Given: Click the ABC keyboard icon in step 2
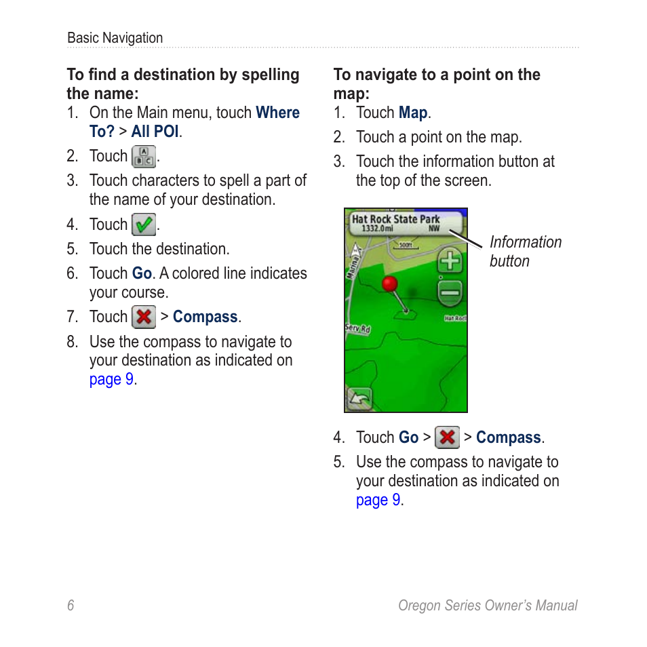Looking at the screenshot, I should (x=143, y=157).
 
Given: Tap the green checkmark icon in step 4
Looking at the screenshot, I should (x=143, y=224).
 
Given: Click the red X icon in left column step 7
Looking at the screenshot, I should (x=143, y=317).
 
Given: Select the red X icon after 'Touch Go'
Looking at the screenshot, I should (x=447, y=437).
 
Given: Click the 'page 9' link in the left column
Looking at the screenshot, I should (x=111, y=379).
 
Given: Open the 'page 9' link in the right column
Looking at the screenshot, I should (x=378, y=500).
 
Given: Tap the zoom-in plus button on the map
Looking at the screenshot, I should (x=450, y=261).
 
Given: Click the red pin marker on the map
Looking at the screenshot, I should (x=389, y=284).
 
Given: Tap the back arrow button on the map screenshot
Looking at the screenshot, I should (x=359, y=398).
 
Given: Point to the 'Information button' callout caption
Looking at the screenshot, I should (x=525, y=252).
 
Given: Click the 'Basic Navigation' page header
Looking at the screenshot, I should (x=115, y=38).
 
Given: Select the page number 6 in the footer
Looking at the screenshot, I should (x=71, y=606).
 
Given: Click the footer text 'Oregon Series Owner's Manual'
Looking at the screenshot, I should (x=487, y=606).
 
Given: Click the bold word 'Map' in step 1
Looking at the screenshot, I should (x=412, y=113).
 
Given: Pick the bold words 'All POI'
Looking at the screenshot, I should (x=155, y=132).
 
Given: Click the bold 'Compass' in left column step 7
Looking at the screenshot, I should (x=205, y=317).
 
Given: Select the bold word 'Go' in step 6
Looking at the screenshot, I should (x=141, y=273).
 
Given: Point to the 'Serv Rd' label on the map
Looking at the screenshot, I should (x=357, y=329).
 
